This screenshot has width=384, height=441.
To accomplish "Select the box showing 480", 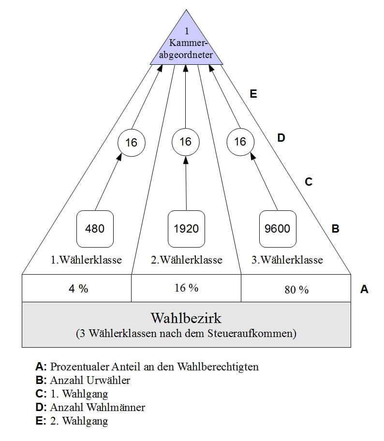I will [x=95, y=228].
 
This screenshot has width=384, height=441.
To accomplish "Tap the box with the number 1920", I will [x=186, y=228].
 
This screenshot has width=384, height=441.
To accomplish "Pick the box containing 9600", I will [x=278, y=228].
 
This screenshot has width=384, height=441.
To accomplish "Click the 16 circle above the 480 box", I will [x=131, y=143].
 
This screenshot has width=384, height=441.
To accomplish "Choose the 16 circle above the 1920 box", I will [x=185, y=142].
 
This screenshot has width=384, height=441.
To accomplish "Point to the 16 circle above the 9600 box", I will [x=240, y=142].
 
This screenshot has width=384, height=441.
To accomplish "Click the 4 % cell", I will [x=77, y=288].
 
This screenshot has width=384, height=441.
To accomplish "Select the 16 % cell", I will [x=186, y=288].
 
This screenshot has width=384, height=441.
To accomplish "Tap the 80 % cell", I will [x=296, y=289].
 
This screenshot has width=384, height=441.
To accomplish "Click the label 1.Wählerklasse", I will [x=86, y=260].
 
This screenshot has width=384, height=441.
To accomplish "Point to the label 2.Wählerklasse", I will [x=187, y=260].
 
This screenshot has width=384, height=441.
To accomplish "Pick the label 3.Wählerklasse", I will [x=287, y=260].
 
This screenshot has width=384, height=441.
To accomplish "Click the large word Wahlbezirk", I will [x=186, y=318].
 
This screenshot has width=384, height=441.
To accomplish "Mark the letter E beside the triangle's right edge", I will [x=253, y=94].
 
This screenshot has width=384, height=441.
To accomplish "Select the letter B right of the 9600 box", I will [x=336, y=229].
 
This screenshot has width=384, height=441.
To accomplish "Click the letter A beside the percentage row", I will [x=364, y=289].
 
